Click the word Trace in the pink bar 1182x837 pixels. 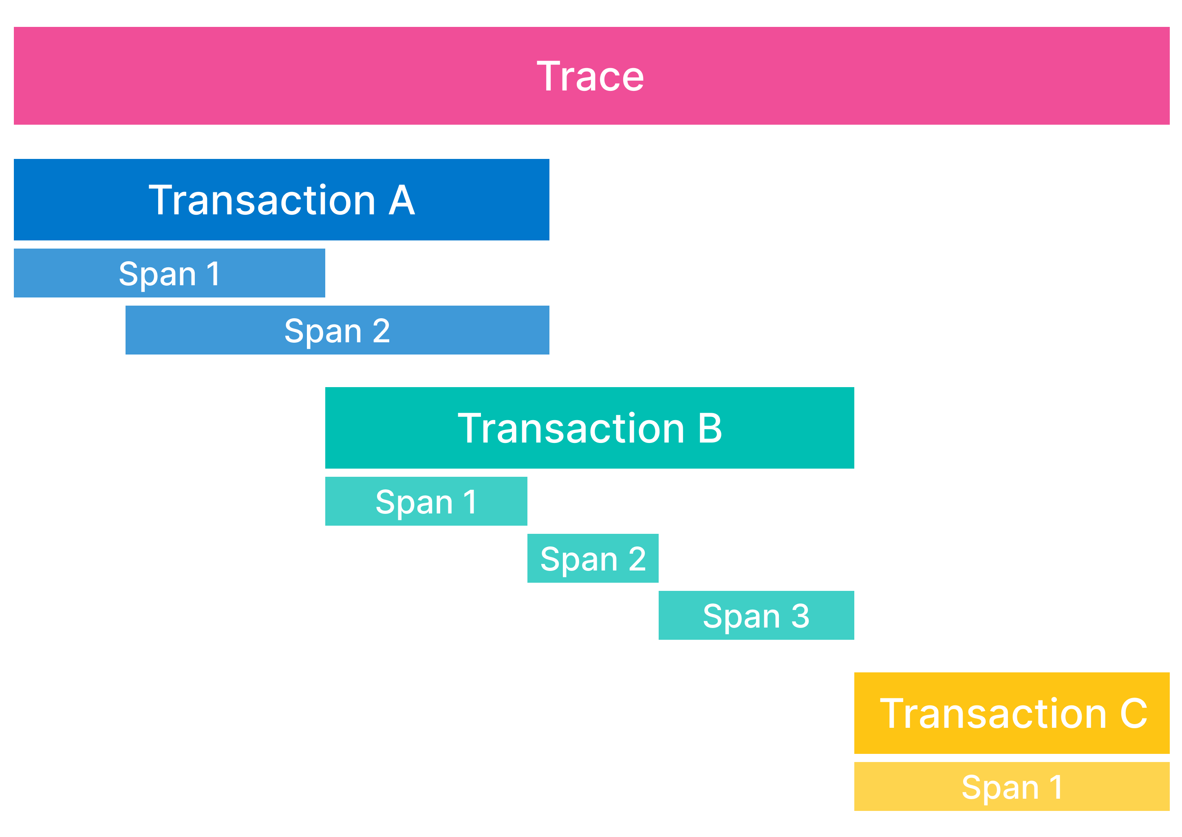[590, 76]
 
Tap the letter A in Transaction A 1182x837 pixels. [401, 200]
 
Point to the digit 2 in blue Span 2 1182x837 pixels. [381, 330]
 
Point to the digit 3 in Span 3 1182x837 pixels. [800, 616]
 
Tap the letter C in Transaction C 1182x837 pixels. [1133, 713]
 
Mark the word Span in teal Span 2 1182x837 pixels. [579, 560]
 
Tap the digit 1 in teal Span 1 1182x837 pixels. [470, 502]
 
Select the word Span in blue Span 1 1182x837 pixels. [157, 274]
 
